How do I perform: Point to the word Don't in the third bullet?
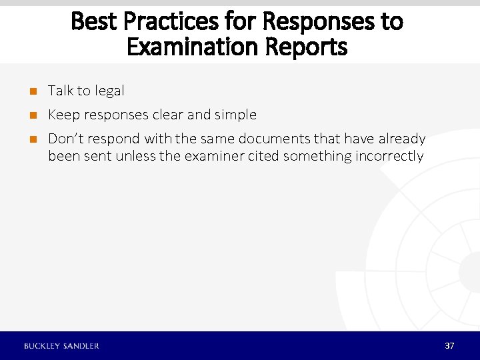click(65, 139)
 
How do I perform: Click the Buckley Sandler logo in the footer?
click(61, 346)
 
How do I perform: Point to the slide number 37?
click(449, 346)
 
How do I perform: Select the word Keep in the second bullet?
click(63, 115)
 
